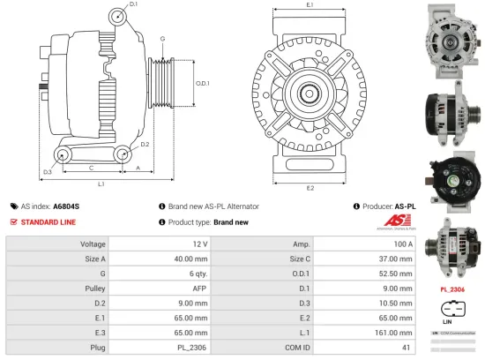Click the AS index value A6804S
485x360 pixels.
(x=66, y=205)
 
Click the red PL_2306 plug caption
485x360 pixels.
(x=453, y=288)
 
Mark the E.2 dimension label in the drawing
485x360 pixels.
(x=310, y=188)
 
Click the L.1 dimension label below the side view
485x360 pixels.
(x=101, y=184)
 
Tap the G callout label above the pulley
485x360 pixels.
(x=161, y=40)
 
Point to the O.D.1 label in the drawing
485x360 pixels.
(x=202, y=83)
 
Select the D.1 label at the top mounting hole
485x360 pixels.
(x=133, y=5)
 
